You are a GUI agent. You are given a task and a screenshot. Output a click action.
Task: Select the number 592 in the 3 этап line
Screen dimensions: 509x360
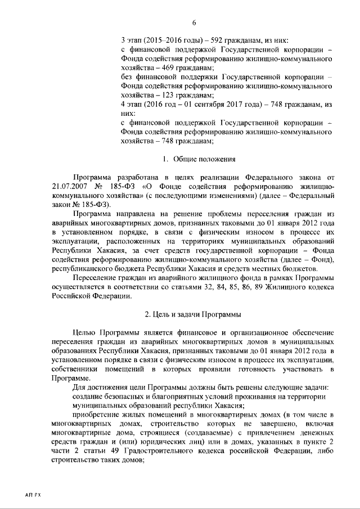coord(218,41)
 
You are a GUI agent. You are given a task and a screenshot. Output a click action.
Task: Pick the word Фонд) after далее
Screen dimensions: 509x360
coord(322,258)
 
